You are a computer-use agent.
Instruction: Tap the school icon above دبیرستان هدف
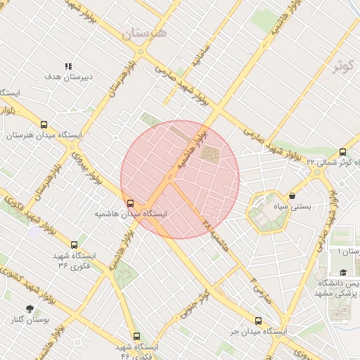[68, 66]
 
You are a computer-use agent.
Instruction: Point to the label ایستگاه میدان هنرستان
[44, 135]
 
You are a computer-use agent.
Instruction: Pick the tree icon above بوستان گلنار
[30, 309]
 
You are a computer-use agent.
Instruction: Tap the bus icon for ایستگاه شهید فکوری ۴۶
[136, 336]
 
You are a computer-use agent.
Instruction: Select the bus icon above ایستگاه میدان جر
[258, 321]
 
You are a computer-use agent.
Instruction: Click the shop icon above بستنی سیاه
[292, 196]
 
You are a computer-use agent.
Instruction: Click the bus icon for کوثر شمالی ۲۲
[342, 152]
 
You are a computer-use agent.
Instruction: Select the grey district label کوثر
[343, 65]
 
